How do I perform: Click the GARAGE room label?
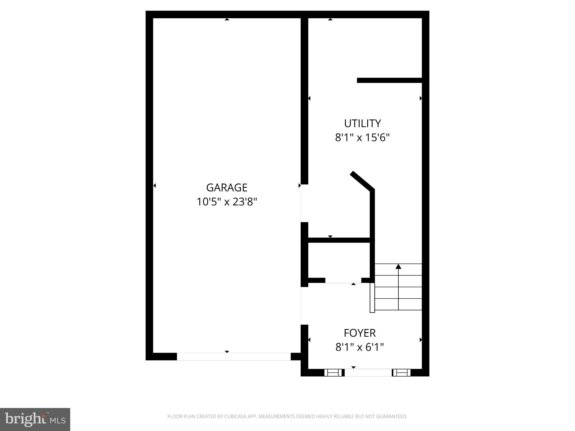point(227,187)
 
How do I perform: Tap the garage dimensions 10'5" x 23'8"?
point(227,202)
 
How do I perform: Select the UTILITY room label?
point(362,123)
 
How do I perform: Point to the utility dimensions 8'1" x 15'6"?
point(362,138)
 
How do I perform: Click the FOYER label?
point(360,333)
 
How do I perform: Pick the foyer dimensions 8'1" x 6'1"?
point(360,347)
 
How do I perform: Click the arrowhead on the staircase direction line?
point(398,266)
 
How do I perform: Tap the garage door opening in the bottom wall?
point(234,356)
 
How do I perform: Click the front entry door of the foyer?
point(368,372)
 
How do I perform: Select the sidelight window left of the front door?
point(333,372)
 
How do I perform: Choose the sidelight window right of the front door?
point(401,372)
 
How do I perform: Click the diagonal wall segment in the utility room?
point(362,181)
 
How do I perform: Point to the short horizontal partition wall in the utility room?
point(389,80)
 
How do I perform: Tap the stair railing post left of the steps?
point(372,297)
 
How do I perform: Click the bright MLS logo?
point(35,419)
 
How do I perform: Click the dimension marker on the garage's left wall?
point(154,185)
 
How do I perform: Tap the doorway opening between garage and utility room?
point(304,203)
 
